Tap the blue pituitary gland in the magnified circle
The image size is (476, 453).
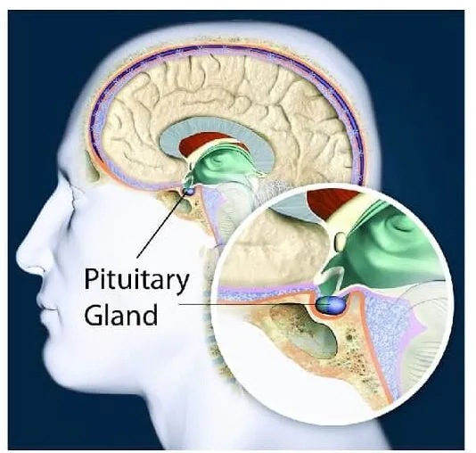point(332,304)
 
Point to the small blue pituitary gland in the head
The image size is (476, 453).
point(188,191)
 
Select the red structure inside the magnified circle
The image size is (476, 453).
point(335,202)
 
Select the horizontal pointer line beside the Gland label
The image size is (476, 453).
point(249,304)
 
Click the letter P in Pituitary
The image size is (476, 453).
point(92,279)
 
